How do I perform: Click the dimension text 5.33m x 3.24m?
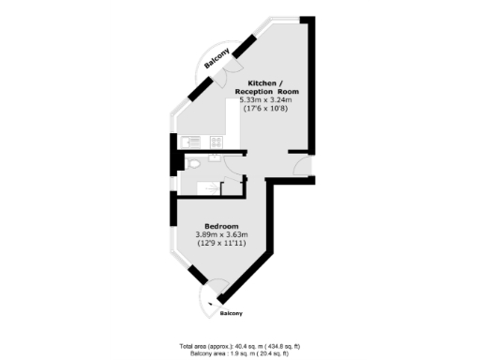[265, 98]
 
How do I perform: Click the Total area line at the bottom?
[240, 343]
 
